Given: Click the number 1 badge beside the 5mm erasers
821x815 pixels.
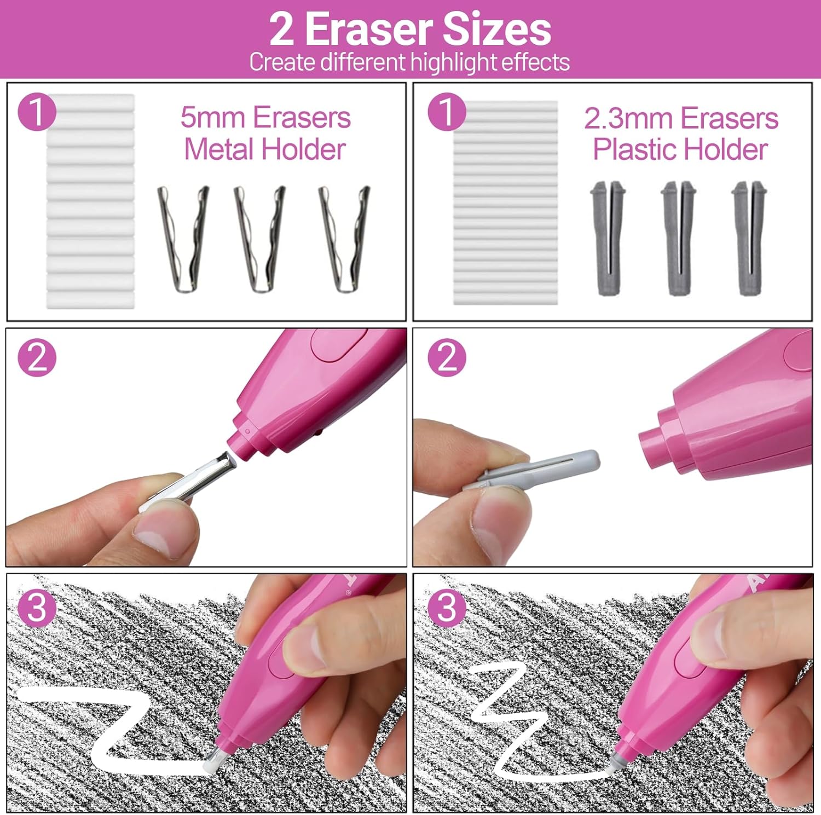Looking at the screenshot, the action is click(x=37, y=112).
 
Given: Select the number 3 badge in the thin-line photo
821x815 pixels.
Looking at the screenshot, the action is click(x=447, y=607).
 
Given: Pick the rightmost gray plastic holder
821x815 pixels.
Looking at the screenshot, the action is click(x=749, y=238).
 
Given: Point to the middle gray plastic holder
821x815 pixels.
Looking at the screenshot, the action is click(x=678, y=238).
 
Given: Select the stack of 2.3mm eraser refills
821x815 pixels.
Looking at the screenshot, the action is click(x=505, y=202).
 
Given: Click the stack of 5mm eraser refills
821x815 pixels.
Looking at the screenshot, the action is click(x=90, y=201).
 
